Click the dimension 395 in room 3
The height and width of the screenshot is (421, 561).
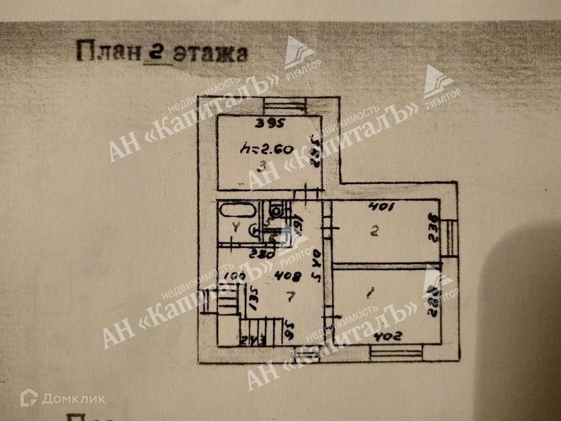tap(271, 124)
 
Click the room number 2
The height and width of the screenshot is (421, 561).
tap(375, 232)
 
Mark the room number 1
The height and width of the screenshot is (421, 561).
tap(370, 295)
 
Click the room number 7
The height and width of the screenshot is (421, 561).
tap(291, 297)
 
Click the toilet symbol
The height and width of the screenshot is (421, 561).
tap(276, 210)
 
